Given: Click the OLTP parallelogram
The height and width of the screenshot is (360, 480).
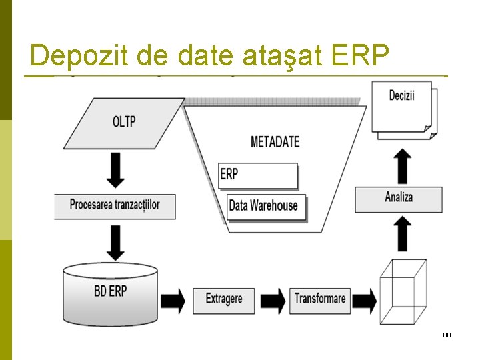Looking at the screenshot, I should [x=124, y=123].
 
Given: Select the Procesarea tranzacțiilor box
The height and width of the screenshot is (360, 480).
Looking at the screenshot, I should [x=115, y=205].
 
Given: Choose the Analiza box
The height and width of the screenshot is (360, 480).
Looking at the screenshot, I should [x=399, y=198].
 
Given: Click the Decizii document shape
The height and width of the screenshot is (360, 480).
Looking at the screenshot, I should [x=403, y=108].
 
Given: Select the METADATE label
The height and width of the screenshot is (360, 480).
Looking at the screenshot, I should [x=275, y=141].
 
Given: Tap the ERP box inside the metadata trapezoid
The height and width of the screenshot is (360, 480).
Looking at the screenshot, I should [x=258, y=175].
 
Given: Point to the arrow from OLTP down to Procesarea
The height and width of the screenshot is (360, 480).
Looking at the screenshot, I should [x=116, y=171].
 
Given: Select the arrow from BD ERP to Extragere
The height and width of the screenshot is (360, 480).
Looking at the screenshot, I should [x=173, y=300].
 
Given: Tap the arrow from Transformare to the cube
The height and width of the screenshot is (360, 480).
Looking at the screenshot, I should [x=364, y=300].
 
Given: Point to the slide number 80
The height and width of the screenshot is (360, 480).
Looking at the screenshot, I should [x=447, y=334].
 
